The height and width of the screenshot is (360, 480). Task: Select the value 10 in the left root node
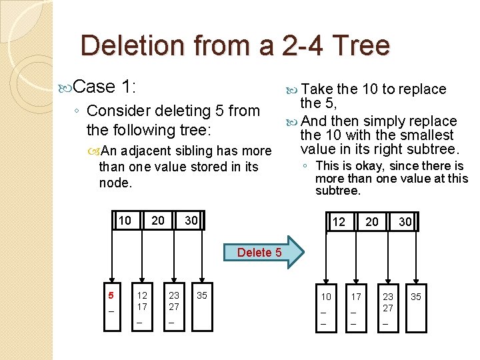[x=125, y=221]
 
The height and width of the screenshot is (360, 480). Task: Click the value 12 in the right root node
[x=339, y=222]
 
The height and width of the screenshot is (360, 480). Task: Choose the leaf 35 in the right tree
[x=416, y=297]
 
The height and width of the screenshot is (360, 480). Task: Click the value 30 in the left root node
[x=191, y=221]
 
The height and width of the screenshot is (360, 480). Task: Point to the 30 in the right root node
[x=405, y=222]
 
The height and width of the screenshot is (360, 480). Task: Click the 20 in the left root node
[x=158, y=221]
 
